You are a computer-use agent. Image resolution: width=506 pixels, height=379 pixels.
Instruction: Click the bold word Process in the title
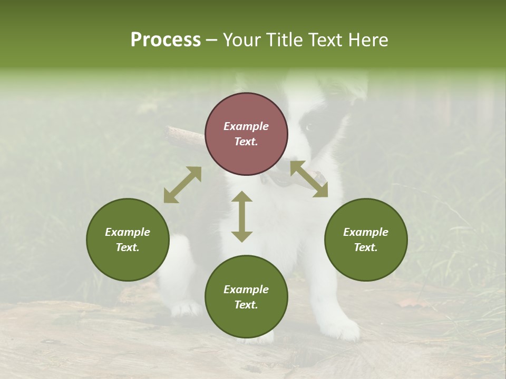click(166, 40)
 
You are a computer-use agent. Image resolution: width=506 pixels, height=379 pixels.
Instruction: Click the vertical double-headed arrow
click(242, 216)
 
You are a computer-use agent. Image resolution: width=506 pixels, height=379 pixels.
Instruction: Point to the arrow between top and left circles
click(182, 185)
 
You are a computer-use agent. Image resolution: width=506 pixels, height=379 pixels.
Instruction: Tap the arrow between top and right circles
click(309, 179)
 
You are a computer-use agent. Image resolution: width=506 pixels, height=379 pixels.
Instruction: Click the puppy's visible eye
click(309, 127)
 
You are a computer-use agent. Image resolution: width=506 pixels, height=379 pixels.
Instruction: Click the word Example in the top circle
click(246, 126)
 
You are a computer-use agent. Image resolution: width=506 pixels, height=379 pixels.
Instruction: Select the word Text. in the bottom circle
click(246, 305)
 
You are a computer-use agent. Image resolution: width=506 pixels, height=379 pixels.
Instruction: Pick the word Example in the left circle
click(128, 232)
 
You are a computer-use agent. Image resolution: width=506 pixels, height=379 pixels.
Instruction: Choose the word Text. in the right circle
click(366, 247)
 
